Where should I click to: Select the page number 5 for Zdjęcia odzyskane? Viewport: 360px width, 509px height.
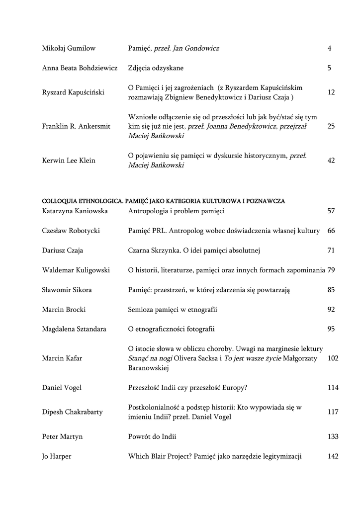point(329,68)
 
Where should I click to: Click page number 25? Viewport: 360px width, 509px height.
point(331,126)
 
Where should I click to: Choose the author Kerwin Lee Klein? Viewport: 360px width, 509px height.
point(68,161)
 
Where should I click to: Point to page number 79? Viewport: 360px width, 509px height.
point(331,270)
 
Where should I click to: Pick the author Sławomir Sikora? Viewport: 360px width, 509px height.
point(67,290)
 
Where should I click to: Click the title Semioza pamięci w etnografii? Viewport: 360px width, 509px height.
point(173,310)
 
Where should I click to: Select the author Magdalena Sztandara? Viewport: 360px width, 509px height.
point(74,329)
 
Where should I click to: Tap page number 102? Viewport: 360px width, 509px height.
point(333,358)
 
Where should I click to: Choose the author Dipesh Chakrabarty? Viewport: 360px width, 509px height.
point(73,412)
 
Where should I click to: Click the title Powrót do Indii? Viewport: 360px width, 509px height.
point(152,437)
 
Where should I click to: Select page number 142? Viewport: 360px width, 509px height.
point(333,456)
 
